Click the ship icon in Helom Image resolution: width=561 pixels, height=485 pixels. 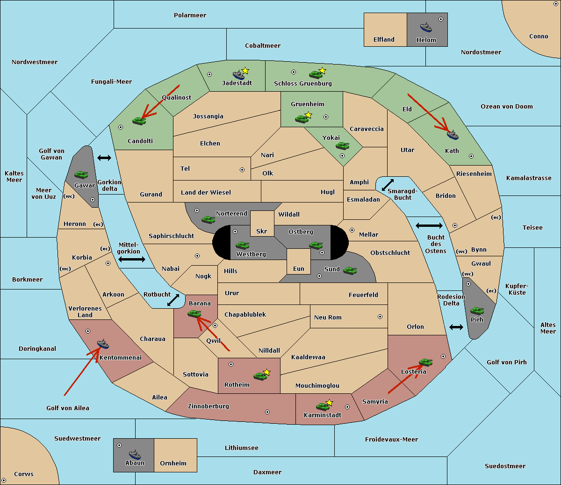(425, 27)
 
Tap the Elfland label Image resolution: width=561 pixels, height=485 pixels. (384, 40)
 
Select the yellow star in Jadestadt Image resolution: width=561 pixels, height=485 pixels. (245, 71)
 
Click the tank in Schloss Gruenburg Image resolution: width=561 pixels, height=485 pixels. (316, 74)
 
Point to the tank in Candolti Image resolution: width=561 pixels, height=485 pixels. (139, 121)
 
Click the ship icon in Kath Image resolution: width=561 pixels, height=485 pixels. (453, 135)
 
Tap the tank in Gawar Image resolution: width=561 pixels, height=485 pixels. (81, 175)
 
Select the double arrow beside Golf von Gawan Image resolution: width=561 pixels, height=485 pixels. (104, 158)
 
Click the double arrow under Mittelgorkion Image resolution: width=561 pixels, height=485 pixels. (131, 259)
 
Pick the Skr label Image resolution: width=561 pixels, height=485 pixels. (262, 232)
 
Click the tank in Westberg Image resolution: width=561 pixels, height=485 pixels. (242, 245)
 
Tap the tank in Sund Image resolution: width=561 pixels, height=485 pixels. (350, 270)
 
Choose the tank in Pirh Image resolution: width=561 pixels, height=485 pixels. (477, 311)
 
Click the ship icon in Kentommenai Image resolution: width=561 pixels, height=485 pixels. (103, 344)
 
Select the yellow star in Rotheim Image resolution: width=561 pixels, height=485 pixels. (267, 372)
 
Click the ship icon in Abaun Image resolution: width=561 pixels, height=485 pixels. (135, 454)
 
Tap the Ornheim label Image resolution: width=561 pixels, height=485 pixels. (173, 463)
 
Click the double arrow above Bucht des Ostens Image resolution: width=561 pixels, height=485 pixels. (429, 226)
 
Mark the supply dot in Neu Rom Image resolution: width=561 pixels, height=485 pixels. (380, 317)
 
